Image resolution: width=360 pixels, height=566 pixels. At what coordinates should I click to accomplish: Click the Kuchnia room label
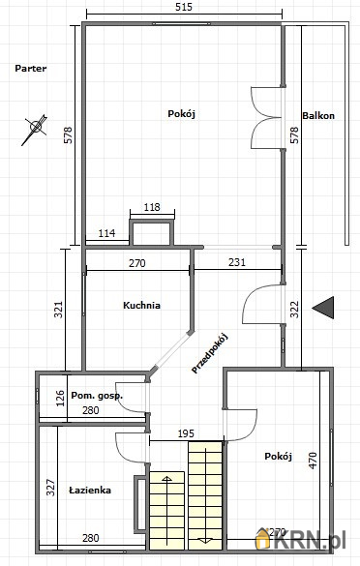141,306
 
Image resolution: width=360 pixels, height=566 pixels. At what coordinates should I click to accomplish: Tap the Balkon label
318,116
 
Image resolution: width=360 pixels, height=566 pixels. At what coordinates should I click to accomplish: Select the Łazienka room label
90,491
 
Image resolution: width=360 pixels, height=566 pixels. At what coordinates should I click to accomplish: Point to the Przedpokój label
210,354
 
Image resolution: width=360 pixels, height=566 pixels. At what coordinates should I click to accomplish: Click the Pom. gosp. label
97,396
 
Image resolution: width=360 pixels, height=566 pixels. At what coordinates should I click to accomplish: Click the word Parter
31,69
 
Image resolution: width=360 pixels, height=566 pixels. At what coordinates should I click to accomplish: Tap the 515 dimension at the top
184,7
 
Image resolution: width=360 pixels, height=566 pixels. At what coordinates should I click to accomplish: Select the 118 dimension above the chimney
152,207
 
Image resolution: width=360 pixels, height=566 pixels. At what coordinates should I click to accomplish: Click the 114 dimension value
106,233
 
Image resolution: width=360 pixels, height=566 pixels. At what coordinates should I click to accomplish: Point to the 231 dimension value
237,262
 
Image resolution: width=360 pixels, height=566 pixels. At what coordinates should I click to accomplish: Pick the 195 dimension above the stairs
186,433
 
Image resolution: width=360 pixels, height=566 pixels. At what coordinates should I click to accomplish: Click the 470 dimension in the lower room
313,461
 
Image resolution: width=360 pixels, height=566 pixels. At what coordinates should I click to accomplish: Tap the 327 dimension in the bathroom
51,488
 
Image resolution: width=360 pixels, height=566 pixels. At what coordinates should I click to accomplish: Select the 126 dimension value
60,398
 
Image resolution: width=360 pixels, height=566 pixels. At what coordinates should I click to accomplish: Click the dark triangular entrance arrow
323,308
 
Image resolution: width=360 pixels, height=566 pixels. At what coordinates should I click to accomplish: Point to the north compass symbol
35,129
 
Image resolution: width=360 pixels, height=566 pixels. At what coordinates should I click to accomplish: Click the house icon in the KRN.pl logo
262,539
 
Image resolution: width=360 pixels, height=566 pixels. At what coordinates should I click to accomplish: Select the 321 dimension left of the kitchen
59,310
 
